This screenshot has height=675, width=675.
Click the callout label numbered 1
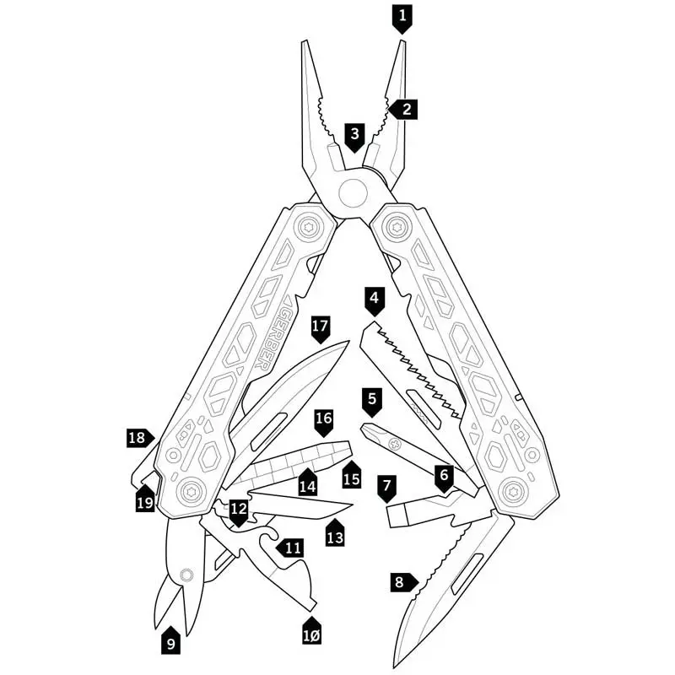pos(402,18)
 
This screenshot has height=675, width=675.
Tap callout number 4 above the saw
pos(374,301)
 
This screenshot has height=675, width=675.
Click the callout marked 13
pos(335,533)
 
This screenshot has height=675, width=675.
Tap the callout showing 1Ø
pos(311,631)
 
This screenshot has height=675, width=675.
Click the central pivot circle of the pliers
pos(353,194)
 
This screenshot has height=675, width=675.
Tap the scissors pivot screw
pos(186,575)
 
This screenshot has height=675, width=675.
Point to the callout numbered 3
pos(354,137)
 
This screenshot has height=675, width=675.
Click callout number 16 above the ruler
pos(324,422)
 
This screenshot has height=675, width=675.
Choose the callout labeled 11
pos(289,548)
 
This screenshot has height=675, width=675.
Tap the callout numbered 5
pos(372,402)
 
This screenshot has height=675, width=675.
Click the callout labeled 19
pos(145,499)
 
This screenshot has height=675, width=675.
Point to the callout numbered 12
pos(238,512)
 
